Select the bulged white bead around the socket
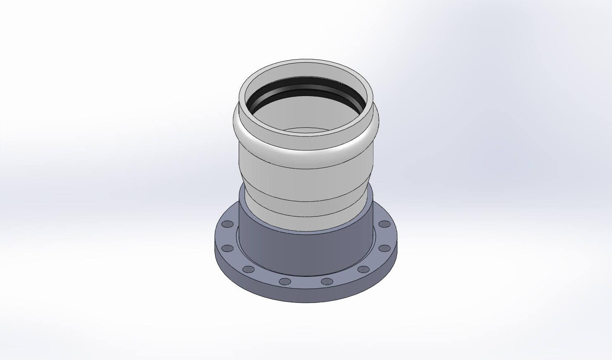(x=305, y=143)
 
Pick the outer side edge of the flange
(x=305, y=296)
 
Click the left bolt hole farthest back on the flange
(x=227, y=224)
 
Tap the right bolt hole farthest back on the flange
(x=384, y=224)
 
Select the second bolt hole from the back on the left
(x=227, y=249)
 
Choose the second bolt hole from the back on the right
(x=384, y=248)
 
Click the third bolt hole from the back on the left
(x=248, y=270)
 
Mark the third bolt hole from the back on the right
(x=363, y=270)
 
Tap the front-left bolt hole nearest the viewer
(x=285, y=282)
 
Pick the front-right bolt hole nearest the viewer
(x=327, y=282)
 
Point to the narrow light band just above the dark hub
(x=305, y=224)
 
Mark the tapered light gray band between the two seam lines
(x=305, y=209)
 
